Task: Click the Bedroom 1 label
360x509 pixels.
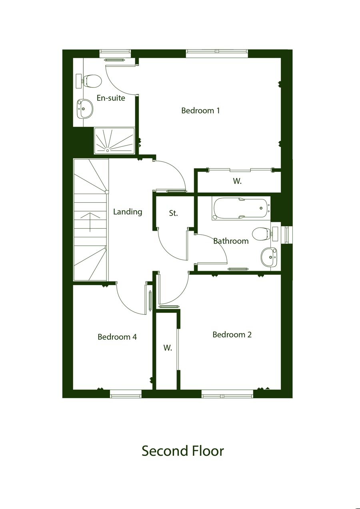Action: (200, 111)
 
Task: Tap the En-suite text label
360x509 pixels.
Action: (111, 98)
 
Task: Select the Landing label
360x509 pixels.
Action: (128, 212)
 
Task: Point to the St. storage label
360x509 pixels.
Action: (174, 213)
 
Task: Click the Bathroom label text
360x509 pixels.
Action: (231, 241)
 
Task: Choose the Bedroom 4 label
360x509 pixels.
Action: (117, 337)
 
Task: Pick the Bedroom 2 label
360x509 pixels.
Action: (232, 335)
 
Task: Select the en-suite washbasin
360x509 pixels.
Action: (85, 109)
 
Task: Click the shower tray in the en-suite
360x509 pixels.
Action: (114, 141)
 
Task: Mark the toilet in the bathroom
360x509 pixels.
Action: (265, 234)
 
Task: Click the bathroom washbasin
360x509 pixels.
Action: (269, 257)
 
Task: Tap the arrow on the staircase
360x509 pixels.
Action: (90, 222)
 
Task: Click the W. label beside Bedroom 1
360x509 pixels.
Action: (237, 181)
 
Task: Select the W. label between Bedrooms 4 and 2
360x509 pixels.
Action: (168, 348)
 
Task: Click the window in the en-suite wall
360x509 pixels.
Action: (116, 54)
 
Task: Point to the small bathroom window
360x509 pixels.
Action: (287, 235)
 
